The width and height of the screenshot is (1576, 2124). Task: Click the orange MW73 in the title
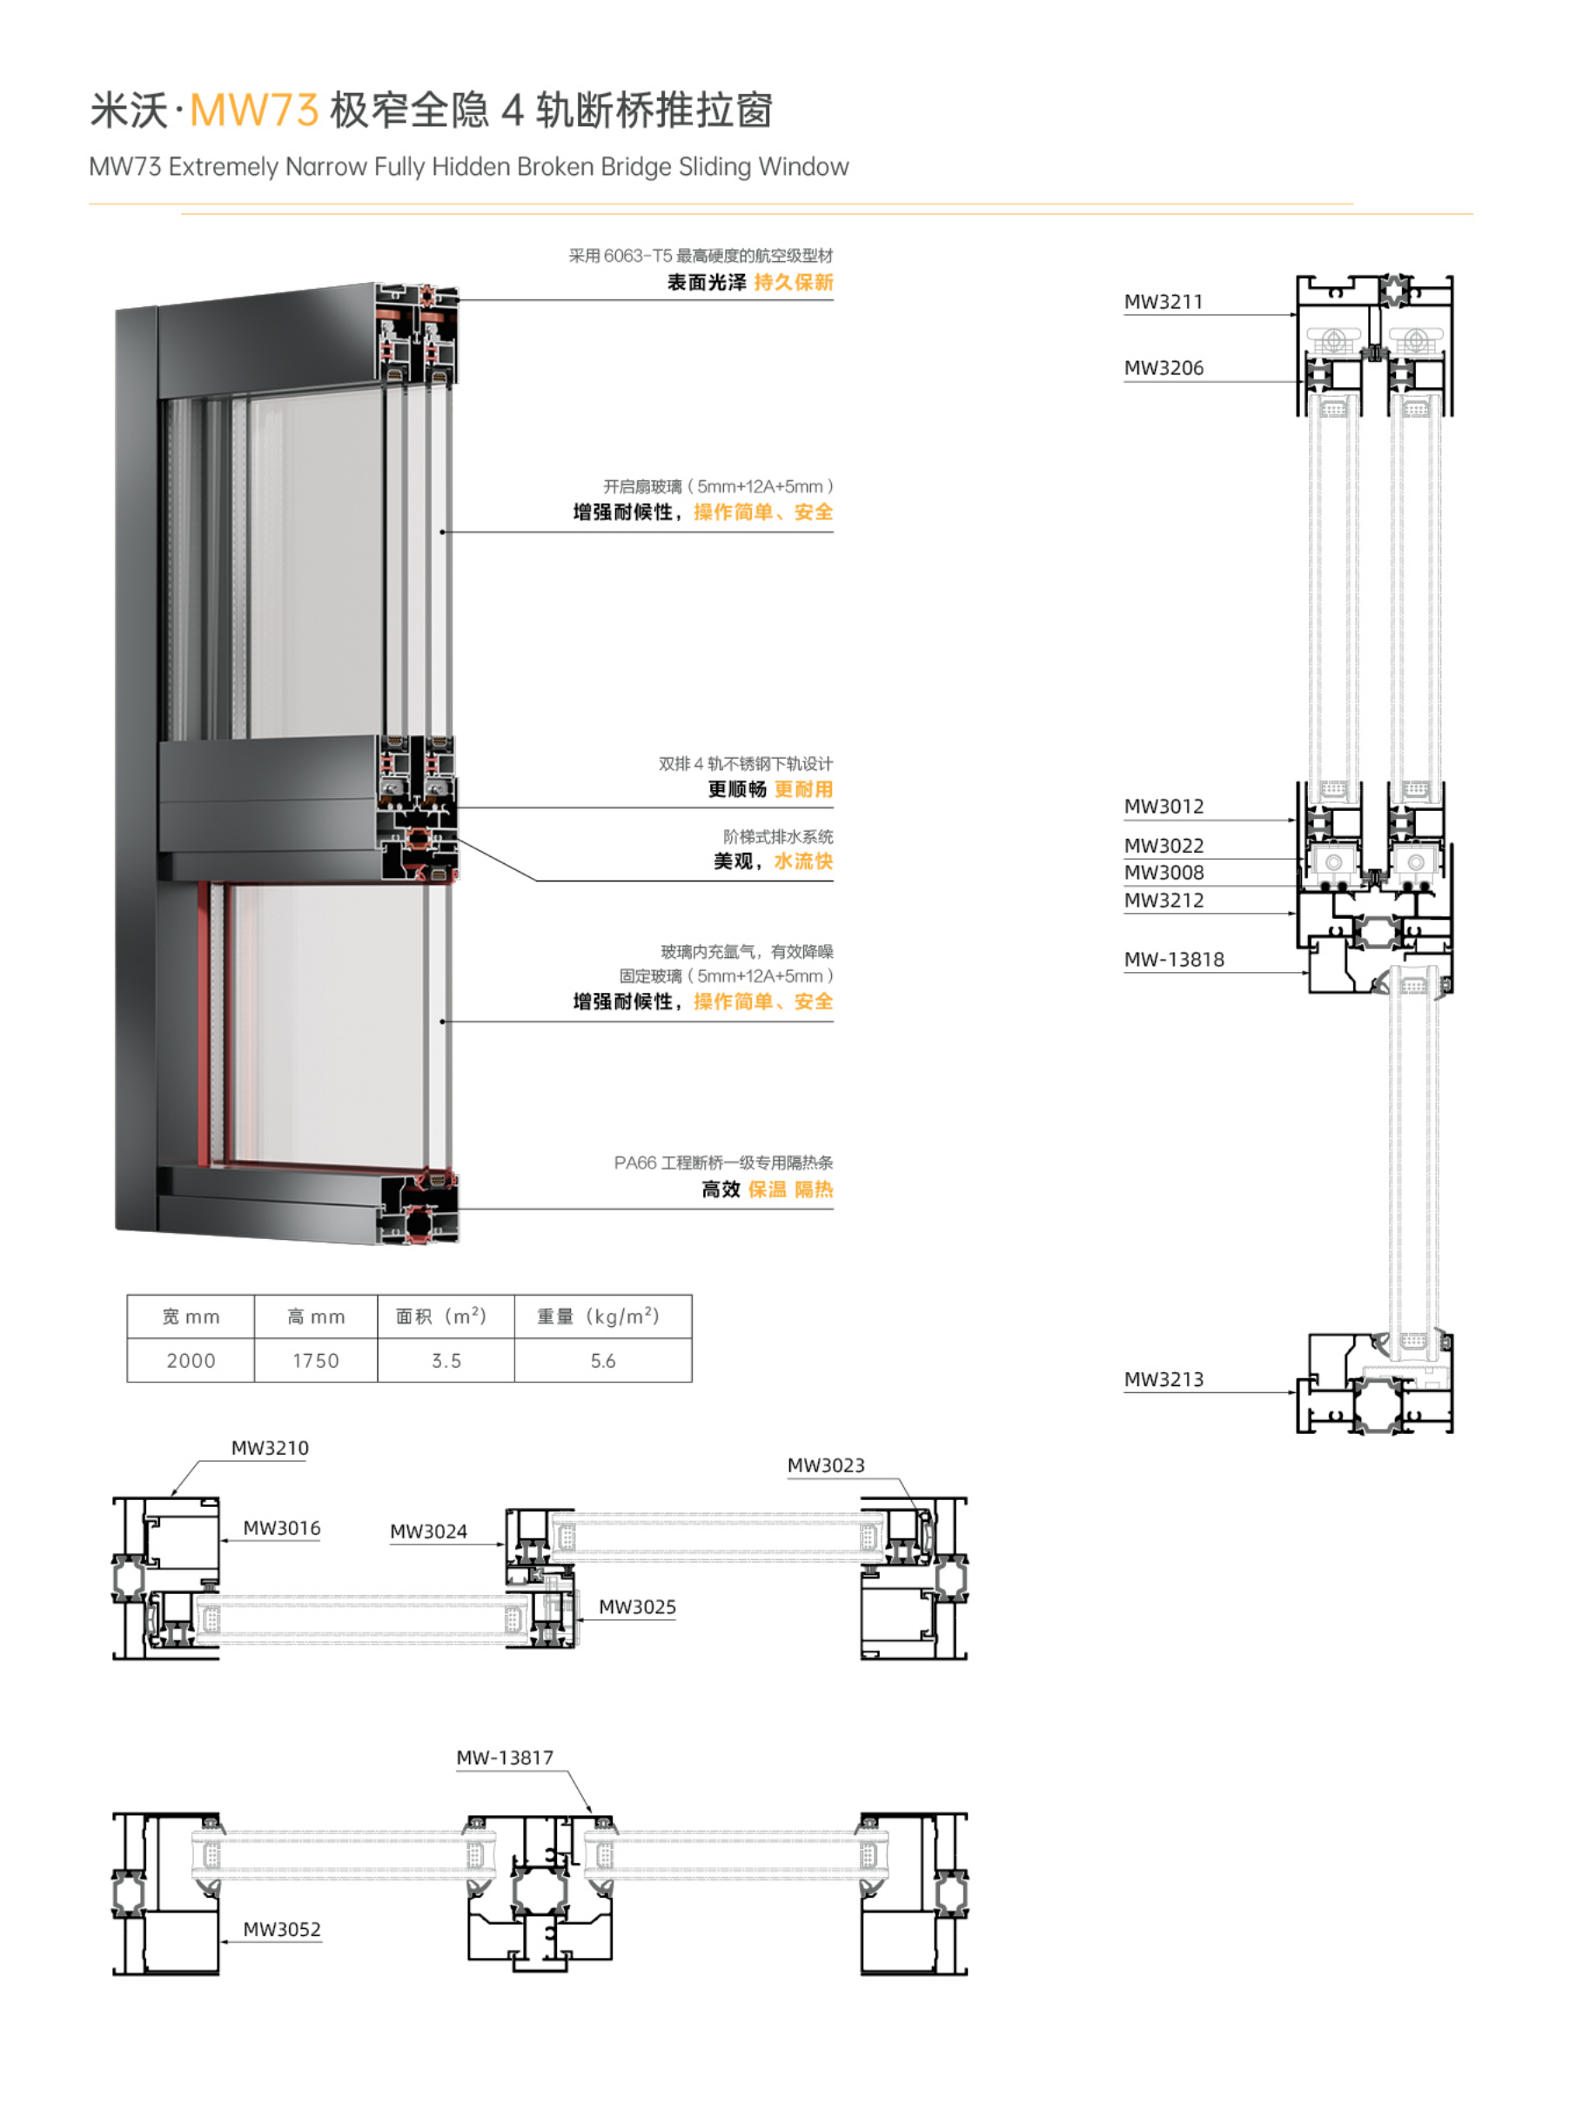click(x=254, y=111)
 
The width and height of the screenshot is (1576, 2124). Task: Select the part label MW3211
click(x=1163, y=302)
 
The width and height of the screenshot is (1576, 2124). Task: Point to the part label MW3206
click(x=1163, y=368)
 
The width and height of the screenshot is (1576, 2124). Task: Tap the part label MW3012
click(x=1163, y=807)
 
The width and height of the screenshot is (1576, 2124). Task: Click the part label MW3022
click(x=1163, y=846)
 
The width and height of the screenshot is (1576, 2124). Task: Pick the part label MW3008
click(x=1163, y=873)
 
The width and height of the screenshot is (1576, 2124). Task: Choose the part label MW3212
click(x=1163, y=901)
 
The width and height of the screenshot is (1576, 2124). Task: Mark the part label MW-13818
click(x=1173, y=960)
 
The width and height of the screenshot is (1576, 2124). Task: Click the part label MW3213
click(x=1163, y=1379)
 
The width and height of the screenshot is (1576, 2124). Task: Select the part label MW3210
click(x=270, y=1448)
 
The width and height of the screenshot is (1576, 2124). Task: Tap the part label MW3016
click(x=281, y=1528)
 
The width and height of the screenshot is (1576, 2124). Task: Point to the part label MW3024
click(x=428, y=1531)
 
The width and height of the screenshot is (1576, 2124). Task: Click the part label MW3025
click(x=637, y=1607)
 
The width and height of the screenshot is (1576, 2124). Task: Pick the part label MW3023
click(x=825, y=1465)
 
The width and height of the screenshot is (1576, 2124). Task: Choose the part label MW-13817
click(x=505, y=1758)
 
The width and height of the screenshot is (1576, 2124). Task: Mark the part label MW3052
click(x=281, y=1929)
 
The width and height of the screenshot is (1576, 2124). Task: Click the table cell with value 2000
click(x=191, y=1361)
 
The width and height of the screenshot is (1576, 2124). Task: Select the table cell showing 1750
click(x=316, y=1361)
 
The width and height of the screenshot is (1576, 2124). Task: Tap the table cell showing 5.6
click(x=603, y=1361)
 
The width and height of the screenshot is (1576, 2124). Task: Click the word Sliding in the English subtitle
click(x=714, y=167)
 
